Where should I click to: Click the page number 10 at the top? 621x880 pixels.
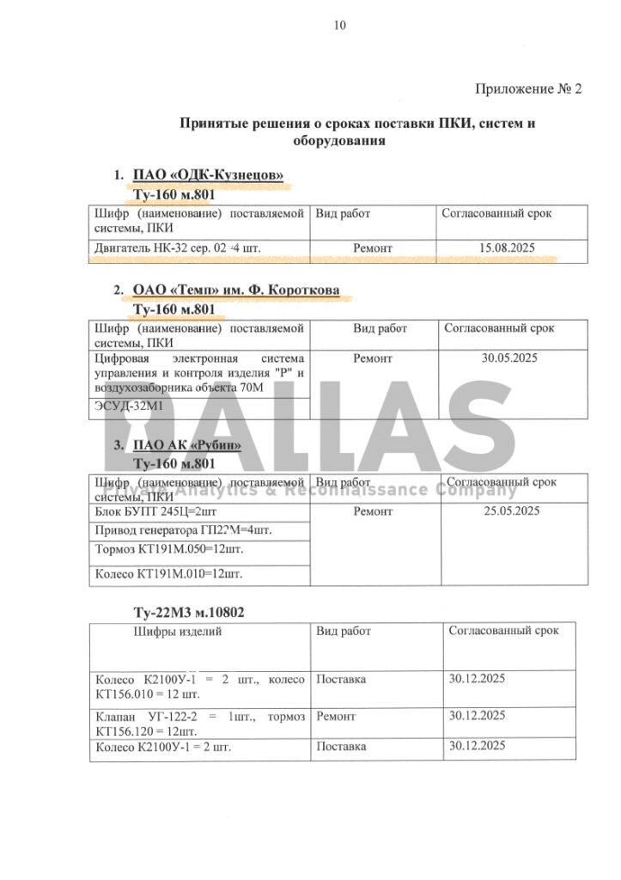click(x=339, y=26)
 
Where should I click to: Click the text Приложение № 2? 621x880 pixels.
click(x=528, y=89)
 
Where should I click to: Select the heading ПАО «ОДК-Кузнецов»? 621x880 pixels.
click(x=208, y=176)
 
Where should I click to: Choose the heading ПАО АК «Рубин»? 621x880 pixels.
click(x=186, y=445)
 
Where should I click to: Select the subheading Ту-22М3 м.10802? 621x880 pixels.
click(x=190, y=613)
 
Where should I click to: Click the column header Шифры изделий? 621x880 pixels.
click(x=177, y=632)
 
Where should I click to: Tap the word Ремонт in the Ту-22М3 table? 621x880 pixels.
click(x=336, y=716)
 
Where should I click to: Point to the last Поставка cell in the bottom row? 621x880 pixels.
click(x=341, y=747)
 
